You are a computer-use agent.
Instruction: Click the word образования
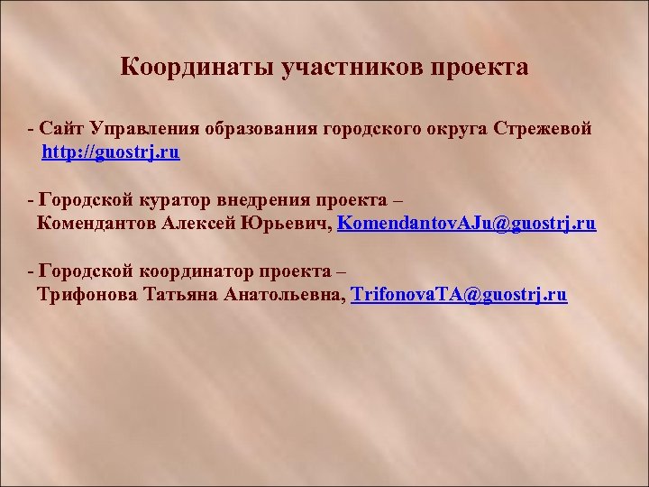(x=262, y=129)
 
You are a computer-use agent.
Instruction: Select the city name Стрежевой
(x=543, y=129)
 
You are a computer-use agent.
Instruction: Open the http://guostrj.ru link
(x=111, y=152)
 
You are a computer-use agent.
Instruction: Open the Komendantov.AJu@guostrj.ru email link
(x=466, y=223)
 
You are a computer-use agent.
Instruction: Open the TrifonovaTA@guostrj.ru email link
(x=459, y=294)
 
